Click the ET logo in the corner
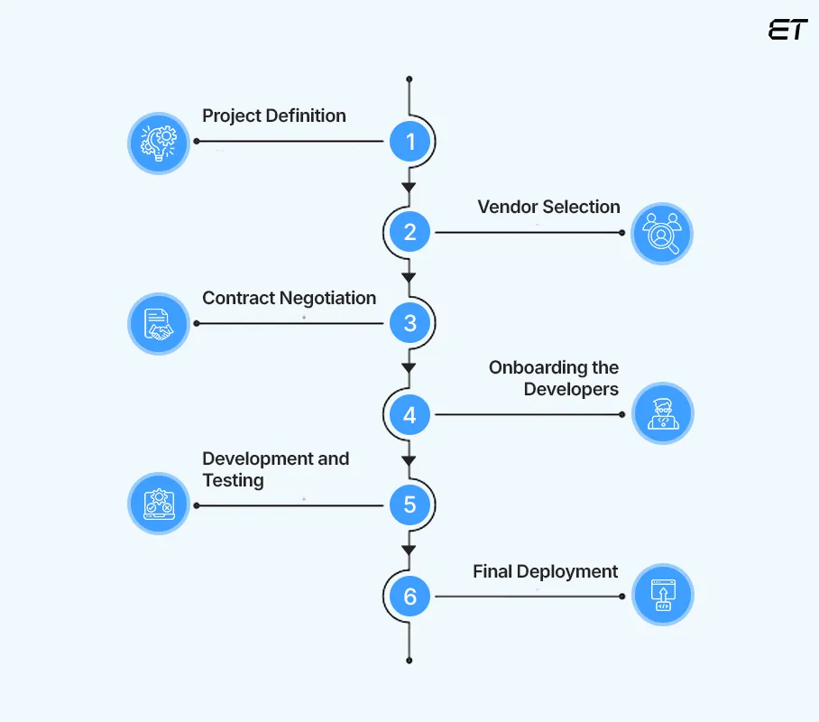787,29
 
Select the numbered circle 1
410,142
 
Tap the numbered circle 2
410,232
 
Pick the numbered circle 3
410,323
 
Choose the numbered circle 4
410,415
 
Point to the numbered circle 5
410,504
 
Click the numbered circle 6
410,597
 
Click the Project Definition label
273,116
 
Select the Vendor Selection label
548,207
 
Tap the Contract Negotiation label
289,298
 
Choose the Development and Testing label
275,469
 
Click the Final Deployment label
546,571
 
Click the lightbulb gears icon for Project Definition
159,143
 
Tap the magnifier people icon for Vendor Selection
662,233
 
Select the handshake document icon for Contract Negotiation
159,323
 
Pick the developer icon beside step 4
662,414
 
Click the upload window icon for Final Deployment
662,596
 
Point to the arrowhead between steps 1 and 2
409,187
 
